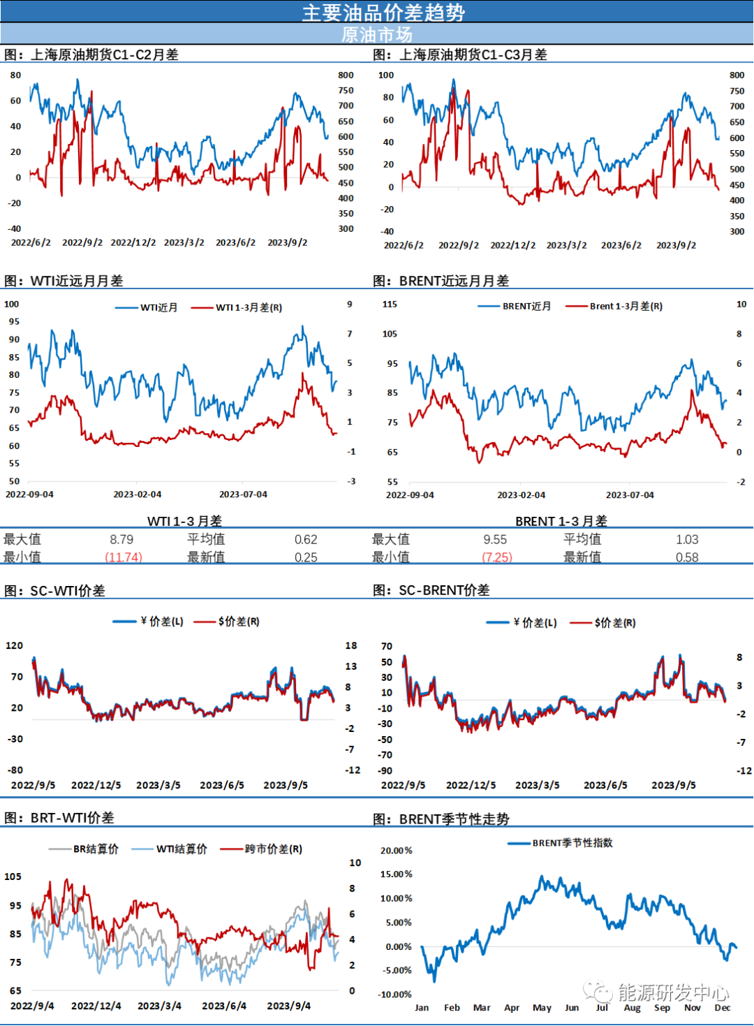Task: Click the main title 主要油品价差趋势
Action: click(x=383, y=13)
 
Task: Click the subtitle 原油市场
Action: click(x=377, y=35)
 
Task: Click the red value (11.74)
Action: click(x=124, y=557)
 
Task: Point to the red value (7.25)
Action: click(x=498, y=557)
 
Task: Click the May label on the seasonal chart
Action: click(x=542, y=1008)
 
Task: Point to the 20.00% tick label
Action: click(x=396, y=850)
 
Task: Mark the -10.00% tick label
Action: click(x=394, y=995)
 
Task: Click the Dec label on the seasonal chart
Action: click(x=723, y=1008)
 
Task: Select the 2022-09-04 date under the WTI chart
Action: click(x=29, y=494)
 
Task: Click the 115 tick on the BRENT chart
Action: click(x=390, y=305)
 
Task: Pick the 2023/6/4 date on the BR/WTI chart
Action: click(x=224, y=1006)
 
